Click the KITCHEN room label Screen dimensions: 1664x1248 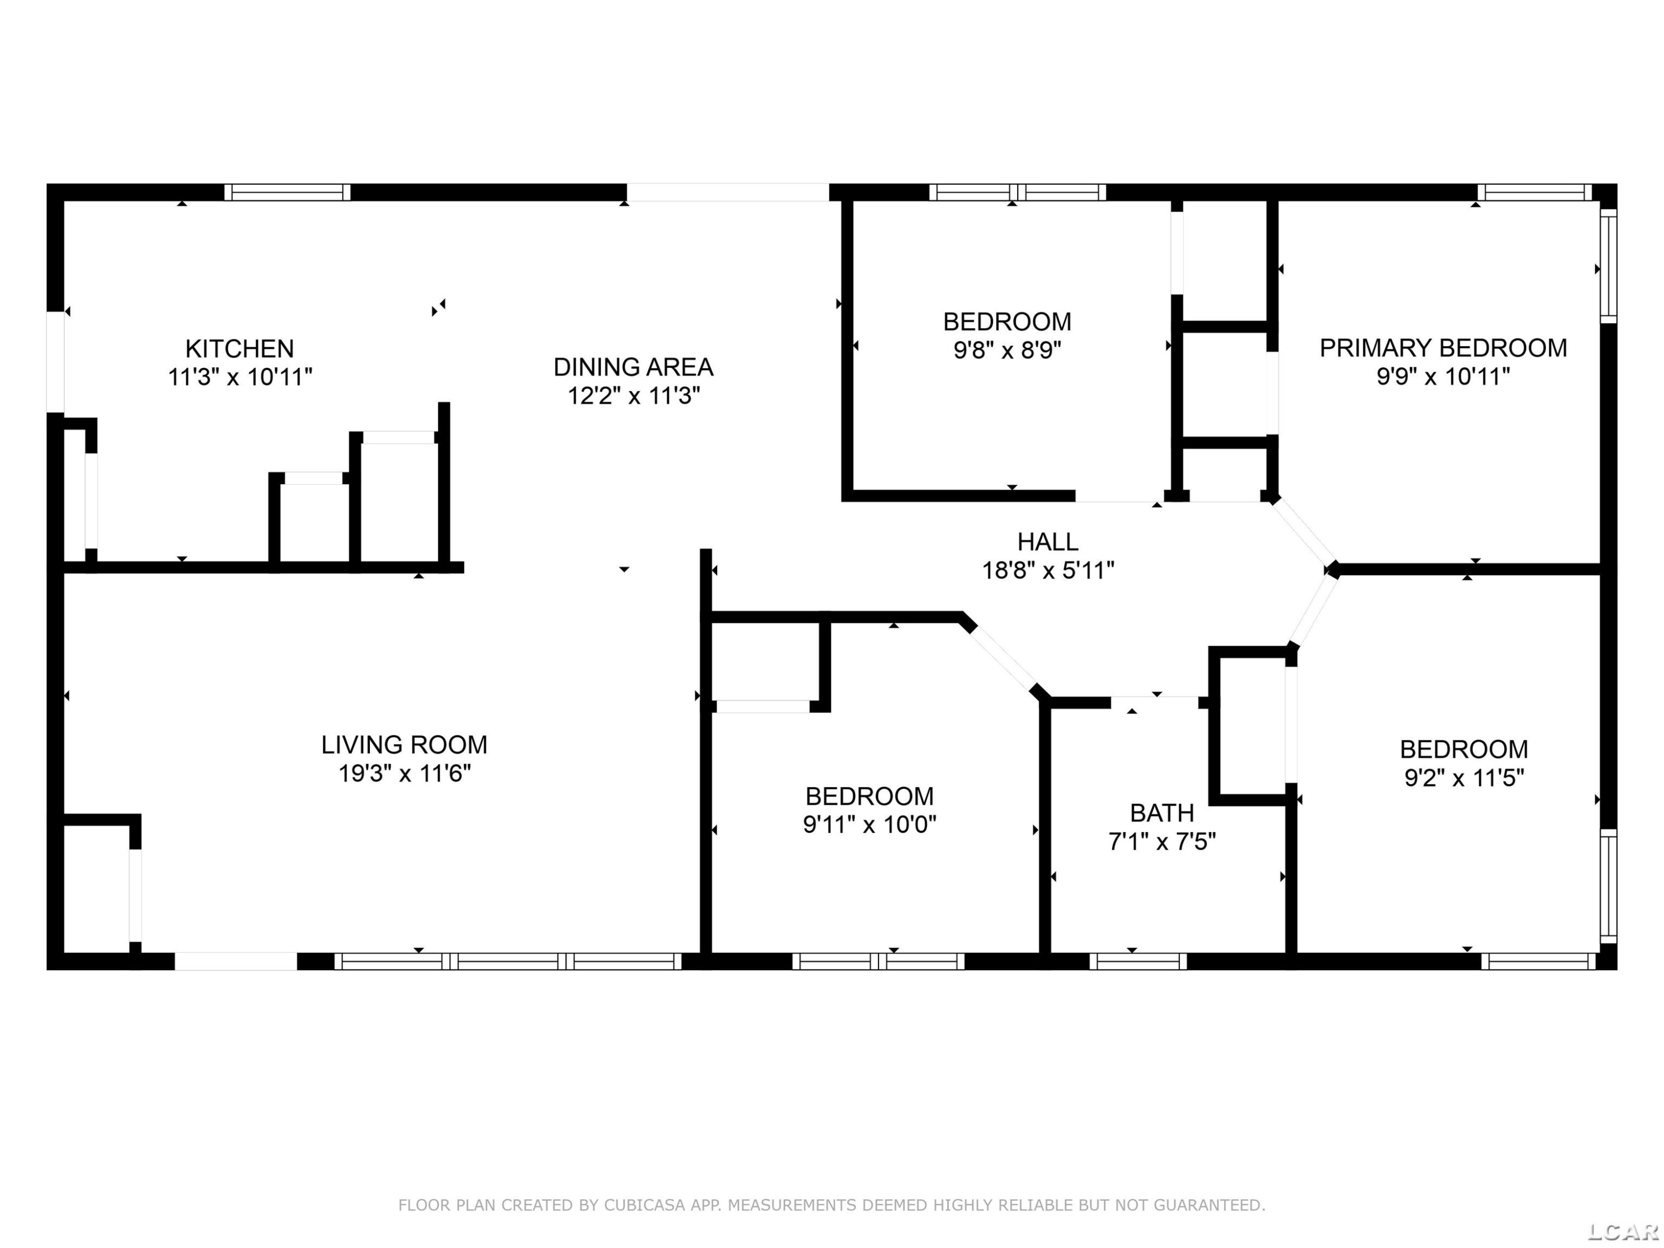coord(239,348)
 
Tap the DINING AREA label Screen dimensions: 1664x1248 coord(633,367)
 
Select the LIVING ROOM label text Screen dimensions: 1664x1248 coord(404,745)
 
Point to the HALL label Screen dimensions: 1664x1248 coord(1048,541)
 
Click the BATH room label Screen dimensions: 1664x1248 coord(1161,813)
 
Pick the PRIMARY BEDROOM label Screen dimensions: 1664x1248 coord(1443,348)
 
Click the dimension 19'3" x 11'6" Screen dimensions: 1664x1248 coord(404,773)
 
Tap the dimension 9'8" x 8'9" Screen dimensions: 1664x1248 coord(1007,351)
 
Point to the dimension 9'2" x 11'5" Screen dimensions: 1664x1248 coord(1464,778)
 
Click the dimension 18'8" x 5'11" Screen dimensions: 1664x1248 coord(1048,571)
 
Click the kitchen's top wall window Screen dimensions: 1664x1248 coord(287,192)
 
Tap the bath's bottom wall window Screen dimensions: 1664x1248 coord(1138,961)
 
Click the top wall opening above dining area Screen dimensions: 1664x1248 coord(728,192)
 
